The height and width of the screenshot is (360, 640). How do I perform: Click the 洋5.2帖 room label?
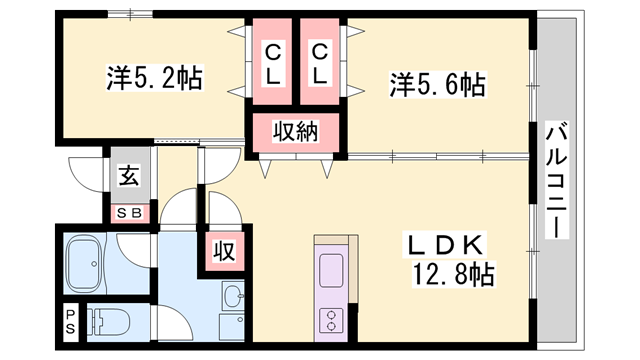(154, 77)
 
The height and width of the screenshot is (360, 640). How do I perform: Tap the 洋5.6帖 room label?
(436, 85)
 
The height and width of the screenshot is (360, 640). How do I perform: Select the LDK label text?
(445, 244)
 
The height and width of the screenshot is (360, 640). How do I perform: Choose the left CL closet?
(273, 62)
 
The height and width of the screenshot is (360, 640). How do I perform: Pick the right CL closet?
(320, 62)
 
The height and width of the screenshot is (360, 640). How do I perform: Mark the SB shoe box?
(130, 211)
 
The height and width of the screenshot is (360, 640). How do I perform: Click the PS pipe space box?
(70, 322)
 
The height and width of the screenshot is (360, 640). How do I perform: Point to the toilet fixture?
(109, 322)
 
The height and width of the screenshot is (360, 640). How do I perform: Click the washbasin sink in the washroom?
(233, 297)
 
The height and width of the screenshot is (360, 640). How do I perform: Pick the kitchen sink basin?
(331, 269)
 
